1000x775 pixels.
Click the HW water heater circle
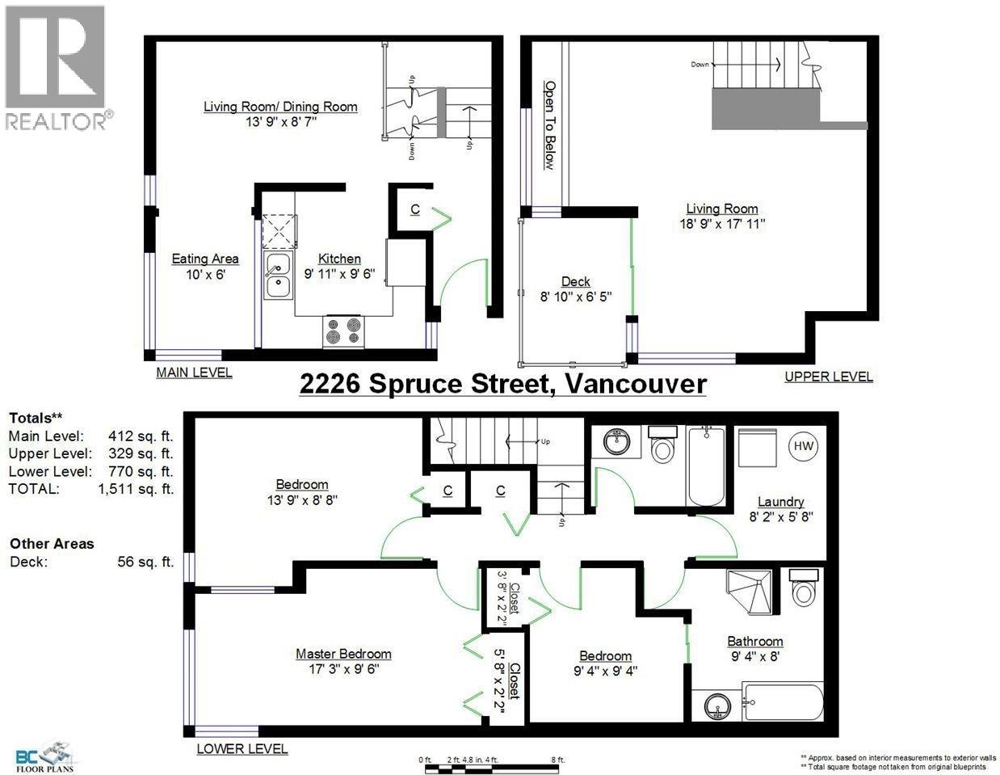point(804,446)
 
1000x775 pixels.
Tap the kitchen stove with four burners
point(343,331)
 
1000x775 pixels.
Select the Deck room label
point(576,282)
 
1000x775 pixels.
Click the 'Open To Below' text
point(550,125)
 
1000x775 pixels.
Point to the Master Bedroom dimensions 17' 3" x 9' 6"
point(344,668)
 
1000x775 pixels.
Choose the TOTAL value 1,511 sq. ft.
point(136,489)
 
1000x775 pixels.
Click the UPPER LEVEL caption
point(828,377)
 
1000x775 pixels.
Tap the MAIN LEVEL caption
point(194,373)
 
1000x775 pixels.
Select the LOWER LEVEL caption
point(242,749)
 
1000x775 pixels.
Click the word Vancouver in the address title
point(636,384)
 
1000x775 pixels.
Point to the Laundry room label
point(781,502)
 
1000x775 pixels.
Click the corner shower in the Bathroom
point(749,592)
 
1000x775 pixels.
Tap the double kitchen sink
point(278,276)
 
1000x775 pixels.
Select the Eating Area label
point(205,259)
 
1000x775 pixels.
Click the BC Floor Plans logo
point(44,756)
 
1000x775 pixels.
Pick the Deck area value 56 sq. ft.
point(145,562)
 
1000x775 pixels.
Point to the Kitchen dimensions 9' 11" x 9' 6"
point(339,274)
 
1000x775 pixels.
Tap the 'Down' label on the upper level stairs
point(700,65)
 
